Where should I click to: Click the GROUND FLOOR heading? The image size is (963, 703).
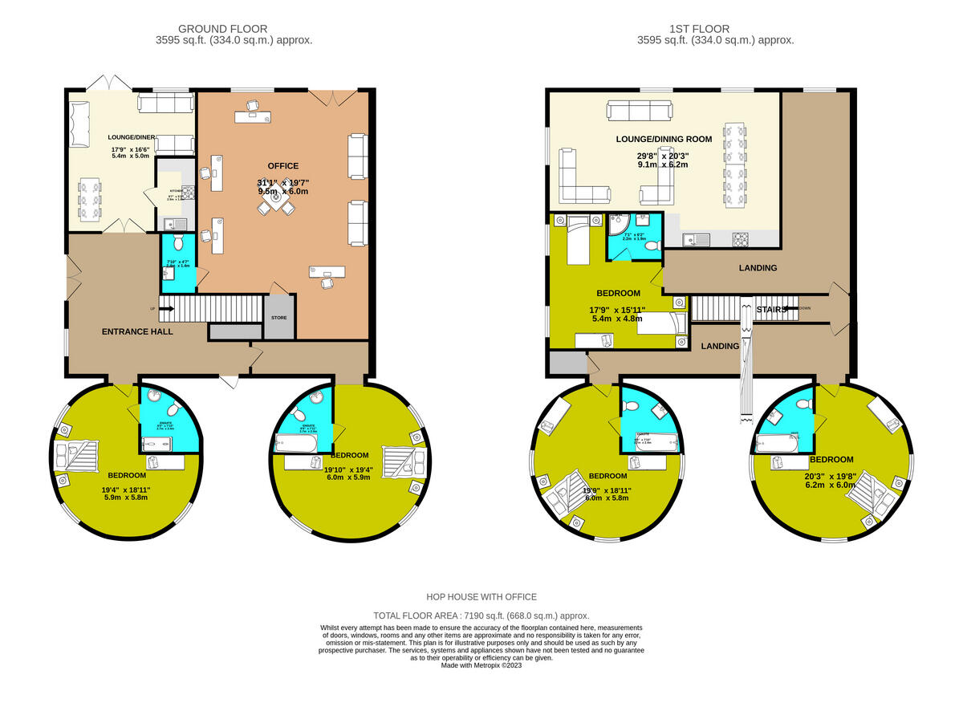223,29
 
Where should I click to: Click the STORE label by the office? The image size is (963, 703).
278,318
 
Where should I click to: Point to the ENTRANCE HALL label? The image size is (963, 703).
136,331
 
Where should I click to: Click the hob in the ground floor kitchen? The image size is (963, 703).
189,192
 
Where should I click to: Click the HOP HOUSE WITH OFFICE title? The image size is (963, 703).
481,597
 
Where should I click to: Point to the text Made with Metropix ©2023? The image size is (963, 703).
481,665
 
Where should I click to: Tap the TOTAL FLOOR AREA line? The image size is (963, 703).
481,615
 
